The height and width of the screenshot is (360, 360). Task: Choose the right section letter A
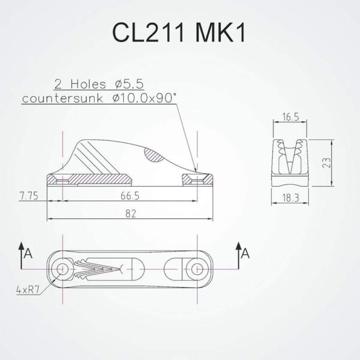[245, 254]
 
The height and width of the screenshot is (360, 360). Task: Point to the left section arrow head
[22, 245]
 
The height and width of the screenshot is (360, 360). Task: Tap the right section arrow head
[238, 245]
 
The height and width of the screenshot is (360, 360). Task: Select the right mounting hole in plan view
[196, 268]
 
